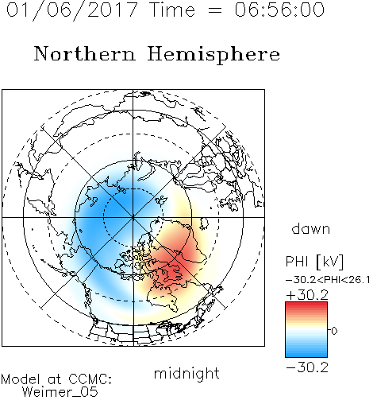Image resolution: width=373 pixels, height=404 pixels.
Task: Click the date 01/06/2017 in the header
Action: click(72, 10)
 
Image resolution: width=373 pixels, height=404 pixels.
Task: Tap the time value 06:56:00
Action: click(279, 10)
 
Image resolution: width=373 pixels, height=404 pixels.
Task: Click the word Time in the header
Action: click(172, 10)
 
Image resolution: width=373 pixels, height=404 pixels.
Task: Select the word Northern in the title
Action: click(85, 53)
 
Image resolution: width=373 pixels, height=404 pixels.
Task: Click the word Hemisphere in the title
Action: click(213, 55)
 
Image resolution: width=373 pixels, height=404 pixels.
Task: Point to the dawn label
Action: click(311, 228)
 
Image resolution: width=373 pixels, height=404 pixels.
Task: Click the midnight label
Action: click(186, 374)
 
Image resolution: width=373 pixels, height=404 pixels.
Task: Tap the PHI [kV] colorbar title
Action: click(314, 262)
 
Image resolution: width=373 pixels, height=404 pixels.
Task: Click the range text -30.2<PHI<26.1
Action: click(328, 280)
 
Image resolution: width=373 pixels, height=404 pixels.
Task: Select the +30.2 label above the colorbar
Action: click(307, 295)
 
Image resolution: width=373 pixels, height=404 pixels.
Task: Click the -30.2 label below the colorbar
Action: click(307, 367)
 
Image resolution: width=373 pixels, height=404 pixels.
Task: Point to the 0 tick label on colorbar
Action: click(334, 331)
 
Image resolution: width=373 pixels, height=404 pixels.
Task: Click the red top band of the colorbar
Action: click(306, 305)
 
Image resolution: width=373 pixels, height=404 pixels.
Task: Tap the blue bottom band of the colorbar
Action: click(306, 353)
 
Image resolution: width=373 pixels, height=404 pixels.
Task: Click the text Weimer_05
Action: click(60, 392)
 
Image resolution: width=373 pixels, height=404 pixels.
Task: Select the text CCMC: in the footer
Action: click(90, 379)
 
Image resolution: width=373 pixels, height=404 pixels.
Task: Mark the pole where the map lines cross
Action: click(133, 217)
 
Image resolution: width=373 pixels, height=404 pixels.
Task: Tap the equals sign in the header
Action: click(215, 10)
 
